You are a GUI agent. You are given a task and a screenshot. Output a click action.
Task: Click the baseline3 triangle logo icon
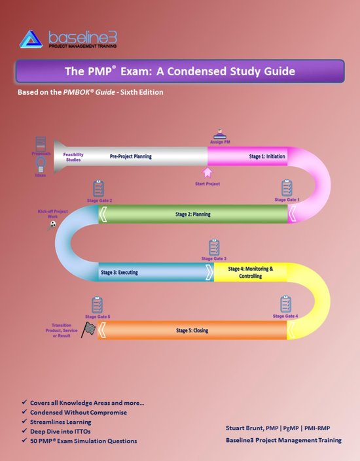pos(31,39)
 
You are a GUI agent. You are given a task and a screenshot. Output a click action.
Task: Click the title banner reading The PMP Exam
pos(179,71)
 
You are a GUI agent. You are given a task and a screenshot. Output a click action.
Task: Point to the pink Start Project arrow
pos(208,173)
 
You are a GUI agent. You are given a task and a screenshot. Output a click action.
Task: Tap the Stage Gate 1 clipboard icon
pos(286,188)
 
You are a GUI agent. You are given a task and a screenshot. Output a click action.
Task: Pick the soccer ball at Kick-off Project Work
pos(52,224)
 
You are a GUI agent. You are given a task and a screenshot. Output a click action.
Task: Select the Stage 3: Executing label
pos(118,271)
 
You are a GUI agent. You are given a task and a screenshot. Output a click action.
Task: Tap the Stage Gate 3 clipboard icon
pos(213,248)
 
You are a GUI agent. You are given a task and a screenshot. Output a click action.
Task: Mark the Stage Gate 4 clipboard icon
pos(285,304)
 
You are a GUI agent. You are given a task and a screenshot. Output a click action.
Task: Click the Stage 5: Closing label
pos(192,330)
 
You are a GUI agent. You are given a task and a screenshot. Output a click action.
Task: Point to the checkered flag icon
pos(87,330)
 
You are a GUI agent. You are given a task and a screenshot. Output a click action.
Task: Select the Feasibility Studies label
pos(73,157)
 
